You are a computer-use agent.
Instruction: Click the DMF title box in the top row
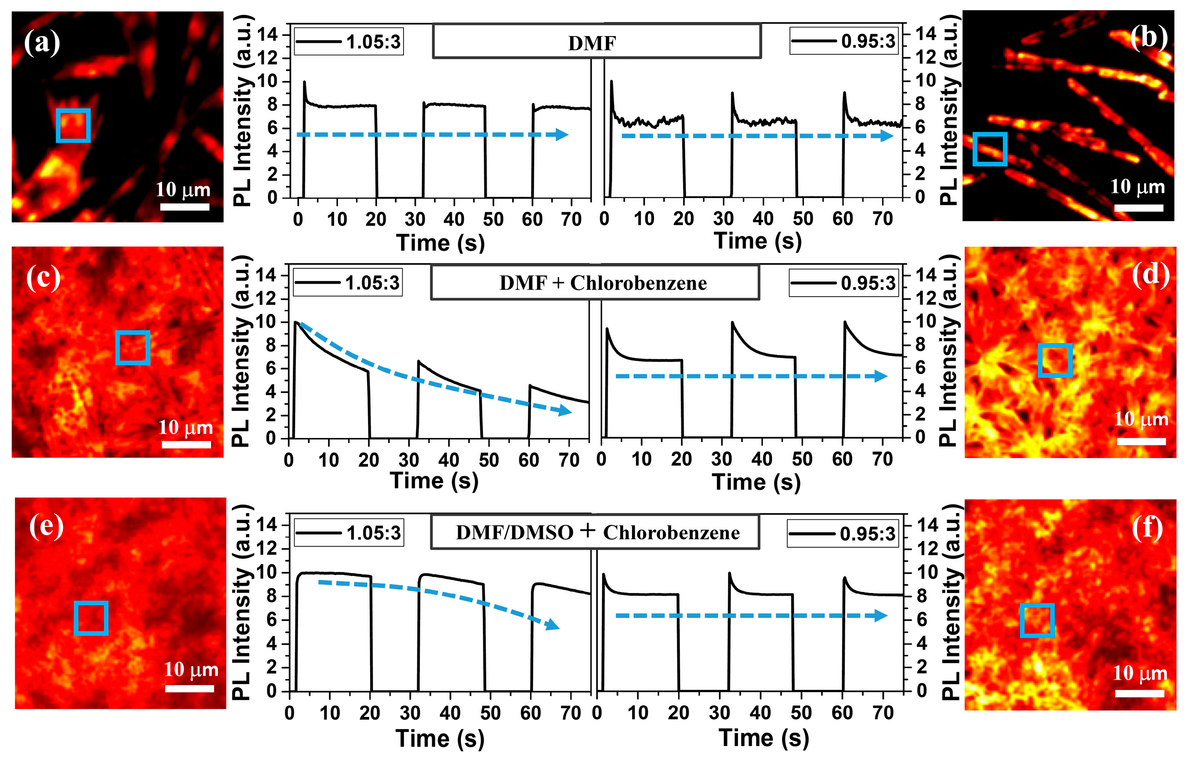pyautogui.click(x=596, y=42)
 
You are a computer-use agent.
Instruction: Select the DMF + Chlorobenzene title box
pyautogui.click(x=594, y=283)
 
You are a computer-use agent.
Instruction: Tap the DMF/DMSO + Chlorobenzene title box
pyautogui.click(x=594, y=532)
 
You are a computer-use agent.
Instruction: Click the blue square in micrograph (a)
pyautogui.click(x=73, y=125)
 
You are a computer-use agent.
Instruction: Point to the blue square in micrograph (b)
pyautogui.click(x=989, y=149)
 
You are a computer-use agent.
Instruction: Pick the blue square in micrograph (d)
pyautogui.click(x=1055, y=360)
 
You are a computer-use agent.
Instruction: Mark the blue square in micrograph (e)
pyautogui.click(x=91, y=618)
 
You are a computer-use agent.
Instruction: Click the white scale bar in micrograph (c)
pyautogui.click(x=186, y=444)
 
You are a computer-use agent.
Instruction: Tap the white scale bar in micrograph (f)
pyautogui.click(x=1139, y=693)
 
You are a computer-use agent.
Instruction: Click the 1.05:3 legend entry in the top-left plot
pyautogui.click(x=348, y=42)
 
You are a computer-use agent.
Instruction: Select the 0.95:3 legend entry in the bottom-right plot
pyautogui.click(x=842, y=534)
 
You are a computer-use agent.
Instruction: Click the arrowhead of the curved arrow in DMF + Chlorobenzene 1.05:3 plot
pyautogui.click(x=565, y=411)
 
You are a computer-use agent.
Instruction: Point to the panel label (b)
pyautogui.click(x=1148, y=38)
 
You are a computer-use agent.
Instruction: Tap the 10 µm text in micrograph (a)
pyautogui.click(x=183, y=189)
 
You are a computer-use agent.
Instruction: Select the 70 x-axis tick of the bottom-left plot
pyautogui.click(x=570, y=713)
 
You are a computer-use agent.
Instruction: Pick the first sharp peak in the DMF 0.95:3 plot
pyautogui.click(x=612, y=82)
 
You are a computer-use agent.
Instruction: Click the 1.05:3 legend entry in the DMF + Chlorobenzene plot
pyautogui.click(x=347, y=283)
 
